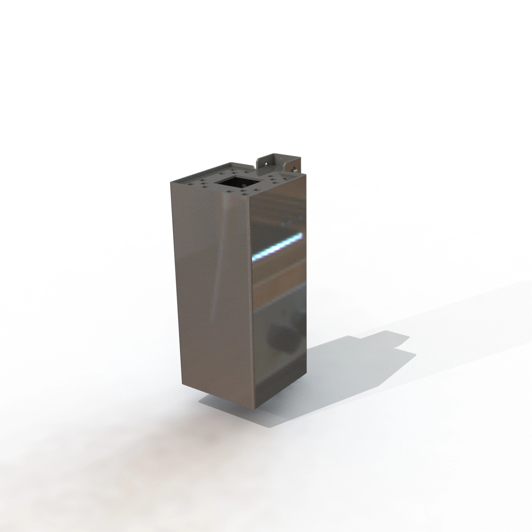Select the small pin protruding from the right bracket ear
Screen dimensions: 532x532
pyautogui.click(x=294, y=169)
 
